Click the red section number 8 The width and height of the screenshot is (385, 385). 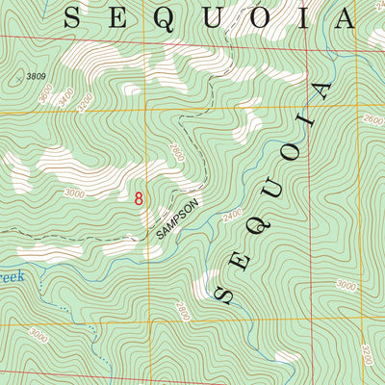(x=139, y=198)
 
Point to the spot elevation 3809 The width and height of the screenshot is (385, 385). (x=37, y=76)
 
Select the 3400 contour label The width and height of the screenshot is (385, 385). (x=64, y=97)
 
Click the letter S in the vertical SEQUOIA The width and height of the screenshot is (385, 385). (x=226, y=294)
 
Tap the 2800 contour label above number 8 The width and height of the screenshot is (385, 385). (x=175, y=151)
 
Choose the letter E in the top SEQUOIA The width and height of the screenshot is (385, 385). (x=122, y=16)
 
